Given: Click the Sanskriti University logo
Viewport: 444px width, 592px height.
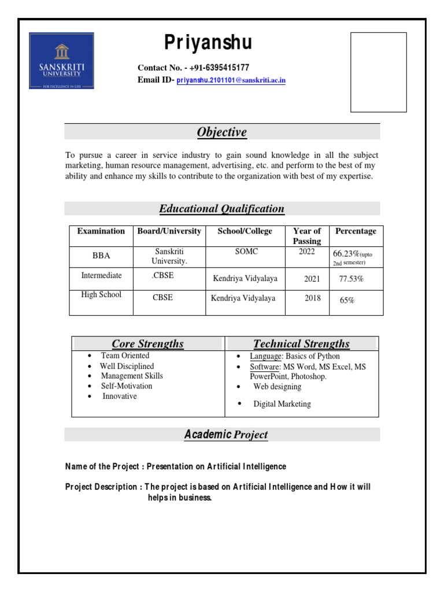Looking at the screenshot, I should [x=61, y=61].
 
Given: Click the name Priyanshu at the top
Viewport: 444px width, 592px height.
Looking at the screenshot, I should [x=208, y=43].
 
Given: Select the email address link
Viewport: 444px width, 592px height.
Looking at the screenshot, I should [x=231, y=80].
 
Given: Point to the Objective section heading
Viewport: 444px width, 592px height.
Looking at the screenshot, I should [x=221, y=132].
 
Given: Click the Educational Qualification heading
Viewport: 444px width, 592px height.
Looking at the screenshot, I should [x=221, y=209].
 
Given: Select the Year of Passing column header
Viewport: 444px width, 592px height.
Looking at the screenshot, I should [x=307, y=236].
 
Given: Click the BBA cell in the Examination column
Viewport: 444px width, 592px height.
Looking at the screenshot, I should [x=101, y=256].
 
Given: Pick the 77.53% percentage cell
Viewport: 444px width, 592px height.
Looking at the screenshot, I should [x=351, y=279].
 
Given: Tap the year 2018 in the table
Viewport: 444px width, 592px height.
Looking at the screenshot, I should [x=312, y=299].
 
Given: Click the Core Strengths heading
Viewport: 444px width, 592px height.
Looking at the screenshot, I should [x=147, y=344].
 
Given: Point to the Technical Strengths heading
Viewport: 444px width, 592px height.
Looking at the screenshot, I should [x=301, y=344].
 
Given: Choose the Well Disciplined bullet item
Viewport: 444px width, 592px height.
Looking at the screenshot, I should [x=127, y=366].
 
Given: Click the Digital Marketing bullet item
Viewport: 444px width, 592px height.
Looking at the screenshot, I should [x=282, y=404].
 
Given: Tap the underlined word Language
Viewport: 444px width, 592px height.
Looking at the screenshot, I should [x=265, y=356].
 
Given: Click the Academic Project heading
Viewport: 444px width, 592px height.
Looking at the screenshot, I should [x=225, y=435].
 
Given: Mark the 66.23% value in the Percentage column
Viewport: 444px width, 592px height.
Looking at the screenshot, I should [x=346, y=254].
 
